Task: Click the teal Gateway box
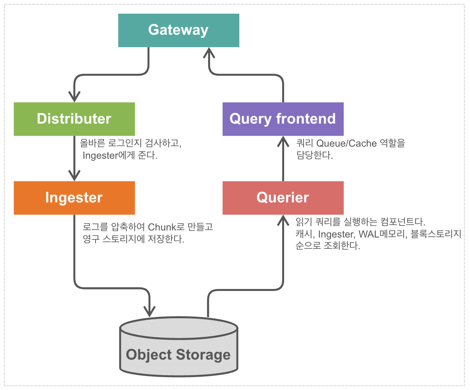point(178,30)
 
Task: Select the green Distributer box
point(74,119)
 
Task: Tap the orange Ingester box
point(74,198)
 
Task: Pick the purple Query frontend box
point(283,119)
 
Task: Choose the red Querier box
point(283,198)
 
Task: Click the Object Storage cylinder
point(178,347)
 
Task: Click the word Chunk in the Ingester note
point(162,227)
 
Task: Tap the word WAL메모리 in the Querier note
point(383,234)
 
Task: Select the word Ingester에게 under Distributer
point(109,156)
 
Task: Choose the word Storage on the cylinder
point(203,355)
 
